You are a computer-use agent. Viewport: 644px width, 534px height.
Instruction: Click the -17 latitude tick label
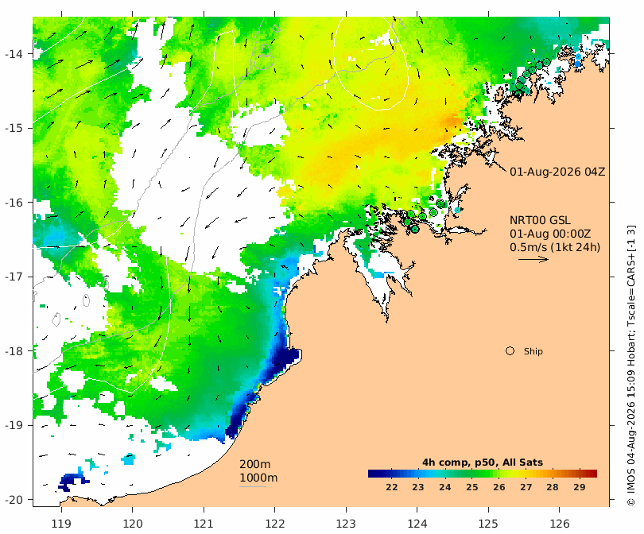[15, 277]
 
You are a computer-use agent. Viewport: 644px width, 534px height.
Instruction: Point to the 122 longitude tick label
[275, 524]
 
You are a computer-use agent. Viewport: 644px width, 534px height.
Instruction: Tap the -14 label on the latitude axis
[15, 54]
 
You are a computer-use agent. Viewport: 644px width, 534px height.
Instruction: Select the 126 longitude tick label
[560, 524]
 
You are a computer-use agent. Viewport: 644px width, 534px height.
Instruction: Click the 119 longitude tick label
[61, 524]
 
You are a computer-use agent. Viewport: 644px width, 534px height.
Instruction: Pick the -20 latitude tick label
[15, 500]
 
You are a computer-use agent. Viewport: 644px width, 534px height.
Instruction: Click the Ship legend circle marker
[510, 351]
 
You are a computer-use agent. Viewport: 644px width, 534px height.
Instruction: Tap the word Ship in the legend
[533, 351]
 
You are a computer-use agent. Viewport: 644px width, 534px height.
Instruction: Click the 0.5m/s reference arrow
[533, 259]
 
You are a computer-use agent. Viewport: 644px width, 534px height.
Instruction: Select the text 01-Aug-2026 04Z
[557, 172]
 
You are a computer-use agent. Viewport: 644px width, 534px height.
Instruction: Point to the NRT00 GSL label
[540, 220]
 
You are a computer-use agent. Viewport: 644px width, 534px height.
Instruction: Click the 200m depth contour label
[255, 464]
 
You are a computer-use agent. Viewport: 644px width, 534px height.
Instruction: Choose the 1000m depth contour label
[258, 478]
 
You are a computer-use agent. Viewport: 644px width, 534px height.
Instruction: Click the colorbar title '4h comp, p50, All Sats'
[483, 462]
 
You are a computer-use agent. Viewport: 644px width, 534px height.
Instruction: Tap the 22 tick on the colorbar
[392, 487]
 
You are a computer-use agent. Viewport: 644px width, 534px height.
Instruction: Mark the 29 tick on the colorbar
[580, 487]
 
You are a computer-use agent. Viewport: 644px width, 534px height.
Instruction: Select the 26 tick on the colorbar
[499, 487]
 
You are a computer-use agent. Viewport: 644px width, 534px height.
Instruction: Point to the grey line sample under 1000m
[253, 487]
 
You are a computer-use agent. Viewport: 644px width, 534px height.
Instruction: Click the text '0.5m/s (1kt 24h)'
[555, 247]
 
